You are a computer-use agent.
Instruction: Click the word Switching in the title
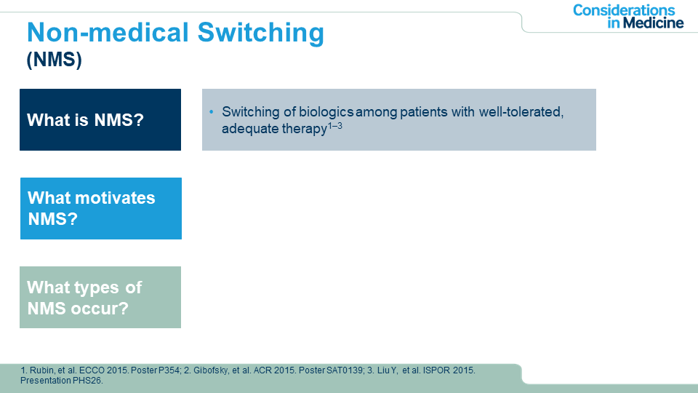(260, 33)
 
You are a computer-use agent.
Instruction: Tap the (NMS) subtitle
(55, 59)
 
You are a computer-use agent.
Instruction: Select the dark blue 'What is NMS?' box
(100, 119)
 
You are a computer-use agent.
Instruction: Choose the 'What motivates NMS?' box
(101, 208)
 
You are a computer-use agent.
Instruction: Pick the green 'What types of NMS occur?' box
(100, 297)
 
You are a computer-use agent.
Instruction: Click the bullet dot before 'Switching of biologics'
(212, 111)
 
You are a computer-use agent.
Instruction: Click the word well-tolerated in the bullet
(521, 111)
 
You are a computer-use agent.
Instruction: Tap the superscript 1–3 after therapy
(334, 126)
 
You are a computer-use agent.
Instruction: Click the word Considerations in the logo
(624, 10)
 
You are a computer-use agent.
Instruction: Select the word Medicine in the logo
(653, 23)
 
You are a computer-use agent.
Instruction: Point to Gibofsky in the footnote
(211, 370)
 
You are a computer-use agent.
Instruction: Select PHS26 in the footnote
(91, 381)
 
